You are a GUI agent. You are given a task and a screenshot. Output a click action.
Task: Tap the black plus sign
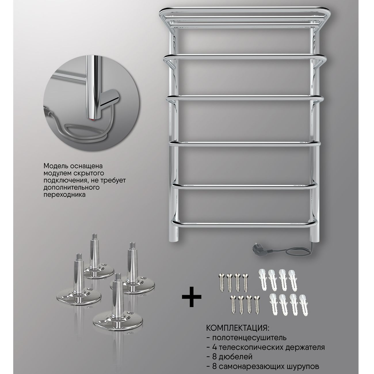[192, 297]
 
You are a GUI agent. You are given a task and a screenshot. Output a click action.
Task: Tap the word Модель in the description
[55, 166]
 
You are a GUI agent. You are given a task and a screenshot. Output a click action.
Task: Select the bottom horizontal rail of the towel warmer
[244, 223]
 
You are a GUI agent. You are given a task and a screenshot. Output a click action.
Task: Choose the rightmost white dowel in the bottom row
[304, 306]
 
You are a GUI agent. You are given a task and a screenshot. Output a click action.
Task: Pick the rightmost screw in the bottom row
[257, 306]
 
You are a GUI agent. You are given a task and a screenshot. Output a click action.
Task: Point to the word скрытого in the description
[87, 173]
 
